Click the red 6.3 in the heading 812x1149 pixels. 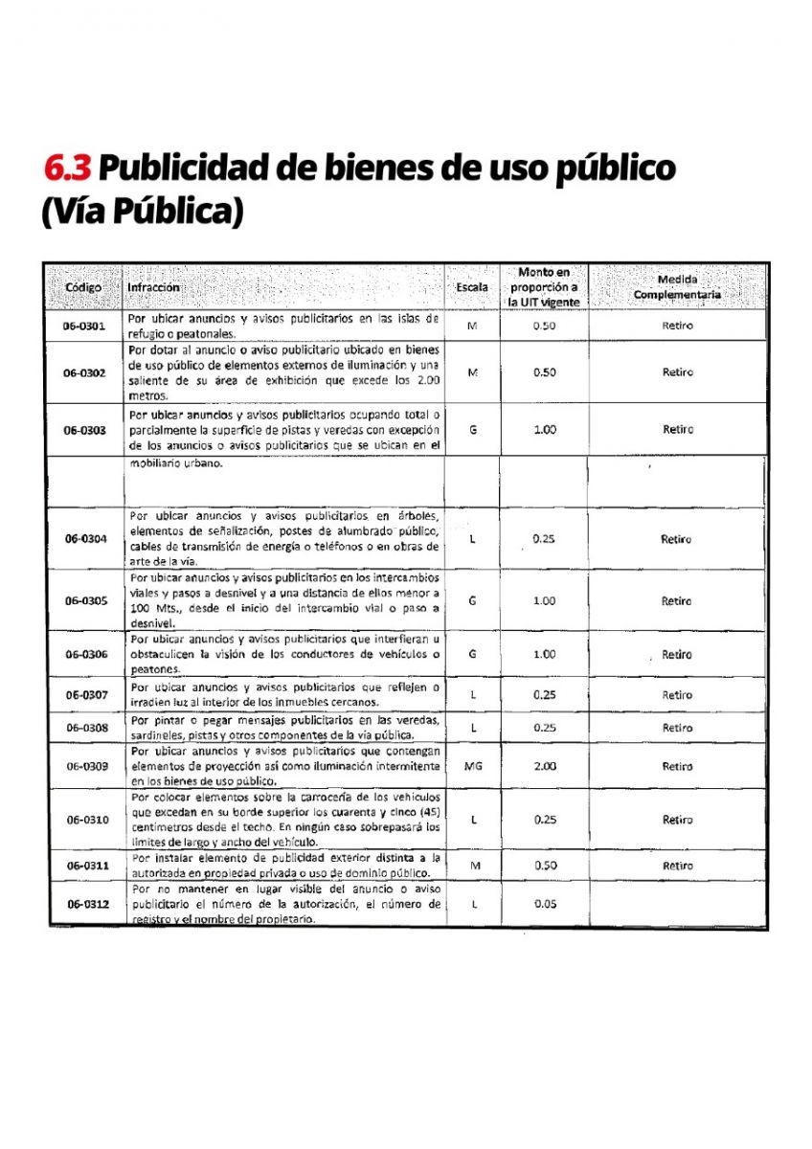pos(68,168)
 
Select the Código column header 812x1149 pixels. pos(83,287)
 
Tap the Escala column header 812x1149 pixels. pos(471,287)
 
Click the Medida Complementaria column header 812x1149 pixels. pos(677,287)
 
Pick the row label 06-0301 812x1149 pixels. pos(85,326)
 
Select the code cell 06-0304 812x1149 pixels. pos(85,539)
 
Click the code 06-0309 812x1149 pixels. pos(85,766)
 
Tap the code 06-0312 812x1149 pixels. pos(85,903)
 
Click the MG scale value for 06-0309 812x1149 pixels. pos(472,766)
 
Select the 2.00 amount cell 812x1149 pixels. pos(544,766)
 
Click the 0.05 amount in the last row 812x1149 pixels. pos(544,903)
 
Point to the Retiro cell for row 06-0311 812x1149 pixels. pos(677,866)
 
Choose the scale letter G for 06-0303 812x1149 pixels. pos(472,430)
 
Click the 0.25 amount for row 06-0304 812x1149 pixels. pos(544,539)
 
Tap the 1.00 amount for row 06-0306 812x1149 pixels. pos(544,655)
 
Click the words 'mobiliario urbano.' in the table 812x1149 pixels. pos(175,463)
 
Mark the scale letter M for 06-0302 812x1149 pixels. pos(472,372)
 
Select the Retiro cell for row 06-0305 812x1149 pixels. pos(677,601)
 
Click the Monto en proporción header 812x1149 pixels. pos(544,287)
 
